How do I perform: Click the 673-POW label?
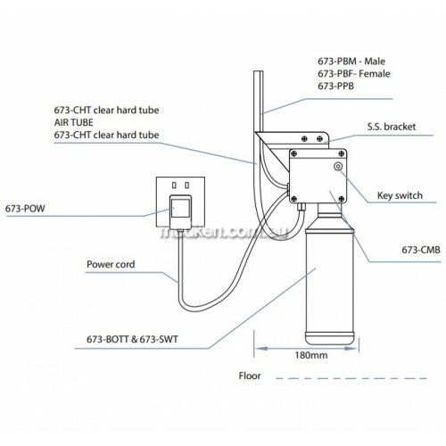[x=25, y=209]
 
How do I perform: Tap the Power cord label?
[x=111, y=264]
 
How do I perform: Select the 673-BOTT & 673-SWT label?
[x=132, y=339]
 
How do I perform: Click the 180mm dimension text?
[x=311, y=355]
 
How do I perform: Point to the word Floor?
[x=250, y=376]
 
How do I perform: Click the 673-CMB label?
[x=421, y=250]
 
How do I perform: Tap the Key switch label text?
[x=400, y=195]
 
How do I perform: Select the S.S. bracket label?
[x=392, y=127]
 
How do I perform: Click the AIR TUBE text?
[x=74, y=122]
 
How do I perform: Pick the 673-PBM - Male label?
[x=351, y=62]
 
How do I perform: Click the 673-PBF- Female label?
[x=354, y=74]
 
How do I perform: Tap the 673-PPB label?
[x=336, y=87]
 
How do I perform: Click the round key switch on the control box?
[x=338, y=167]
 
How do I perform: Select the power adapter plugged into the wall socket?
[x=180, y=211]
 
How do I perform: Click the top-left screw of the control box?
[x=293, y=153]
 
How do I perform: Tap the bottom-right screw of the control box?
[x=342, y=199]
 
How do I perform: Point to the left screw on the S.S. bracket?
[x=304, y=138]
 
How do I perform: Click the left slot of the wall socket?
[x=174, y=186]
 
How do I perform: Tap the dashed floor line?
[x=351, y=378]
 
